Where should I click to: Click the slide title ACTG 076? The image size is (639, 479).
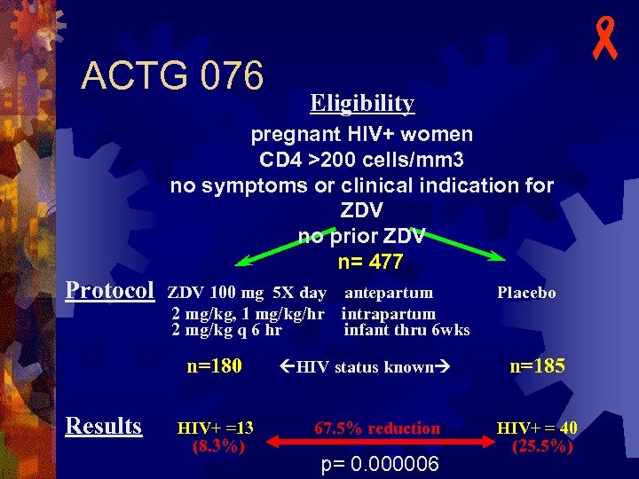[x=172, y=76]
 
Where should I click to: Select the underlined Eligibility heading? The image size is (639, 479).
[x=362, y=104]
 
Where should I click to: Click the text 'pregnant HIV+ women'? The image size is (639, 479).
[x=361, y=135]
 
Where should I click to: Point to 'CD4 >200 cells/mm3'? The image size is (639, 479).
[x=361, y=161]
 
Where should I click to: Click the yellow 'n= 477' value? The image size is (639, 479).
[x=370, y=263]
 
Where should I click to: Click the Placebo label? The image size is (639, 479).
[x=526, y=293]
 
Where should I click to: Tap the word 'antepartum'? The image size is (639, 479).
[x=389, y=293]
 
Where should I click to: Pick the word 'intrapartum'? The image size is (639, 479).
[x=388, y=314]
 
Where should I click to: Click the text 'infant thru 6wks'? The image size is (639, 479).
[x=406, y=331]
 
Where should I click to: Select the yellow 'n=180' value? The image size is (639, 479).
[x=215, y=365]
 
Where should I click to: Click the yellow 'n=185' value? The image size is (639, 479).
[x=537, y=365]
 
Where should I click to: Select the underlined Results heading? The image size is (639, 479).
[x=104, y=426]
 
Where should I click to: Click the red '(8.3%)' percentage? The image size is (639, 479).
[x=218, y=446]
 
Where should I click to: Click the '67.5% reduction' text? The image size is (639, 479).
[x=377, y=428]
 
